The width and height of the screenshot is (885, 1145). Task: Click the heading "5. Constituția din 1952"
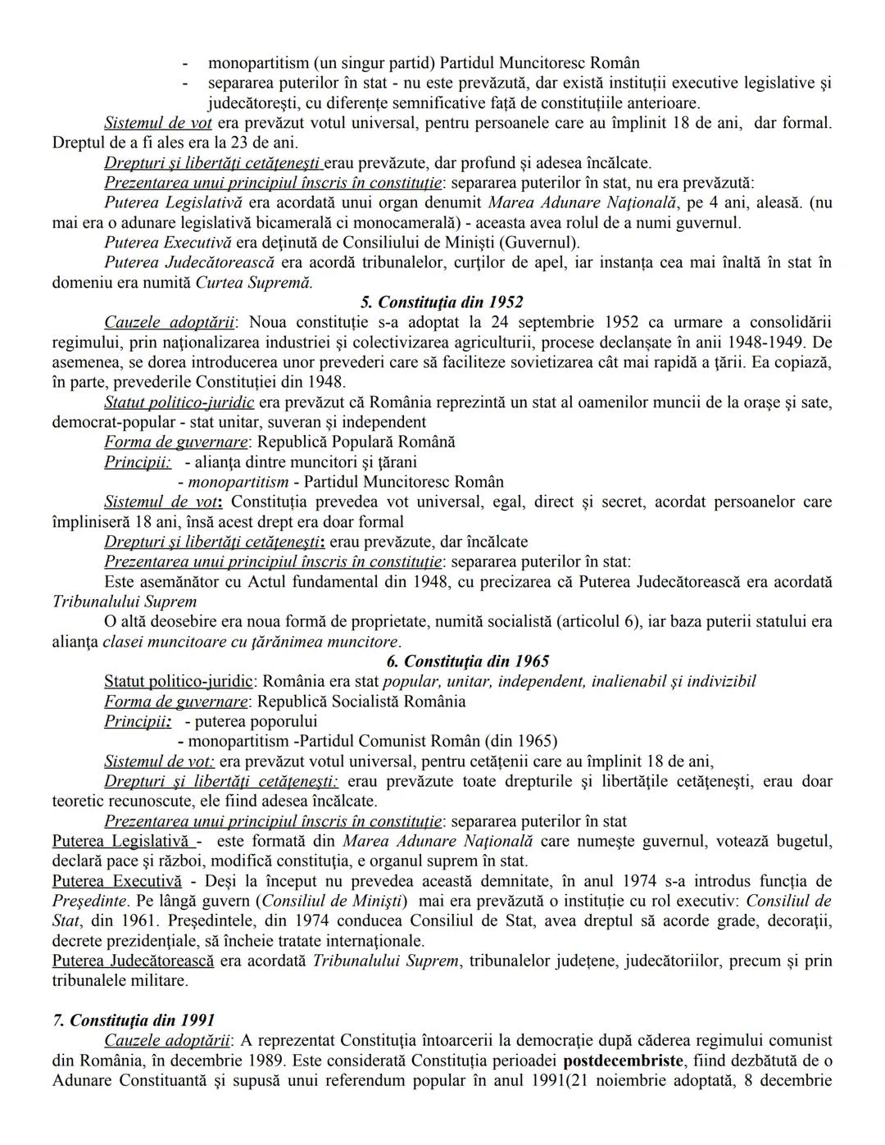tap(442, 302)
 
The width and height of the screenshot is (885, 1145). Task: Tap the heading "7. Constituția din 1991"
tap(134, 1020)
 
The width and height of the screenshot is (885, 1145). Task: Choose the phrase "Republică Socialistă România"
tap(361, 702)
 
